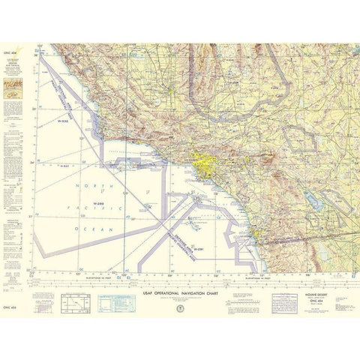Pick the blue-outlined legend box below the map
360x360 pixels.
(x=103, y=302)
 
